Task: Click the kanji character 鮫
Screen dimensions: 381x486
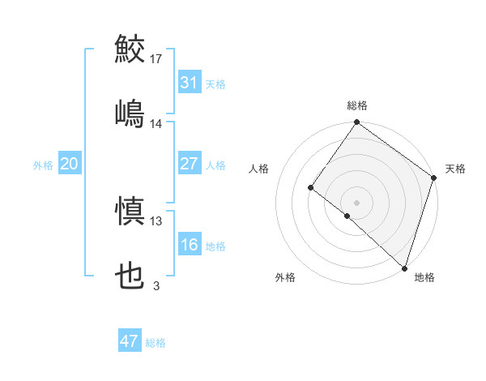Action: tap(130, 48)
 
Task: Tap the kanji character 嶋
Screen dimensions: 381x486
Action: tap(130, 113)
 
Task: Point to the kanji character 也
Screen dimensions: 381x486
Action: tap(130, 276)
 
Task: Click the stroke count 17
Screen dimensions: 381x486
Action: tap(156, 58)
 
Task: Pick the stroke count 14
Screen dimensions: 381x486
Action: tap(156, 124)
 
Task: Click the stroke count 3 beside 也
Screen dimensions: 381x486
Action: tap(156, 286)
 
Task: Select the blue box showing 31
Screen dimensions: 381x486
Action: tap(189, 82)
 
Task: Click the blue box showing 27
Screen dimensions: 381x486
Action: tap(189, 164)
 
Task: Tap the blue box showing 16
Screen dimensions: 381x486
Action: tap(189, 245)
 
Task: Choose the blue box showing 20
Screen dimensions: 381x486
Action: tap(69, 164)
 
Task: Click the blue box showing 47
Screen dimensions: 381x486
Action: tap(130, 341)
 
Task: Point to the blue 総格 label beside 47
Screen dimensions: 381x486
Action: tap(156, 342)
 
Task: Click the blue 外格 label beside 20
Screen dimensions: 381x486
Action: tap(43, 165)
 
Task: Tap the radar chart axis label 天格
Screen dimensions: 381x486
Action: tap(455, 169)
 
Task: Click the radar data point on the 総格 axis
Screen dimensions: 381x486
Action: tap(356, 123)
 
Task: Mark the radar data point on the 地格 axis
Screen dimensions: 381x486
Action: tap(403, 268)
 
